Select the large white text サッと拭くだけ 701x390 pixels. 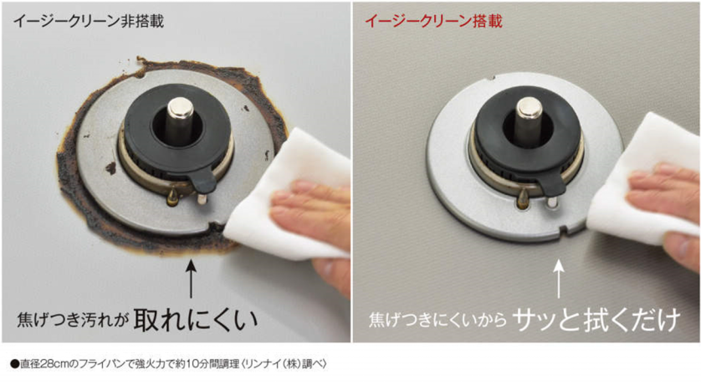(x=596, y=319)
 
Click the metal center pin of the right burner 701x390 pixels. (x=530, y=113)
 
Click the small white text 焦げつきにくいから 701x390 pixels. (x=437, y=321)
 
